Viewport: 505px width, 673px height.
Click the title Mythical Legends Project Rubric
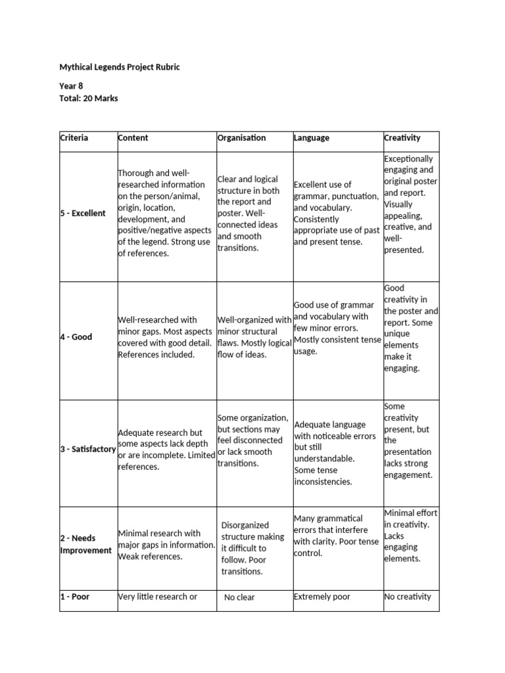click(x=119, y=67)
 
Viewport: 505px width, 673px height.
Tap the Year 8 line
click(x=72, y=86)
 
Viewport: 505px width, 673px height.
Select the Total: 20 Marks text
click(x=89, y=99)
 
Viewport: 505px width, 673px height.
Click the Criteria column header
click(x=74, y=138)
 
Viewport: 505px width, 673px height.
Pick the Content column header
click(x=133, y=138)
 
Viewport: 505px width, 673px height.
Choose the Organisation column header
click(x=241, y=138)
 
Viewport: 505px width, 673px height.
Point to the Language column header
click(x=312, y=138)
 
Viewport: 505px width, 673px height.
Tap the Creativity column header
click(x=402, y=138)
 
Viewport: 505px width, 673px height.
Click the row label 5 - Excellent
click(x=83, y=214)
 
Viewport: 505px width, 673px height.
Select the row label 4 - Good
click(x=76, y=337)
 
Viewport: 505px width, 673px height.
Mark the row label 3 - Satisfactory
click(x=88, y=449)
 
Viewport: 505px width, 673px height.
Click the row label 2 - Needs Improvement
click(x=86, y=544)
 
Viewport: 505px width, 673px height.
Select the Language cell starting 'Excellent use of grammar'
click(x=336, y=214)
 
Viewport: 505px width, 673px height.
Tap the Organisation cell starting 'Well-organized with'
click(x=254, y=337)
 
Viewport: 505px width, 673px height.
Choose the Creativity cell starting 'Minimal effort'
click(x=410, y=536)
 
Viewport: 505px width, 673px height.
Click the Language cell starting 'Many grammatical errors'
click(x=336, y=536)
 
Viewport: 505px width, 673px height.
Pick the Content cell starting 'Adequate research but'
click(x=166, y=450)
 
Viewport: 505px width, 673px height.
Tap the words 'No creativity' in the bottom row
click(x=408, y=597)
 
